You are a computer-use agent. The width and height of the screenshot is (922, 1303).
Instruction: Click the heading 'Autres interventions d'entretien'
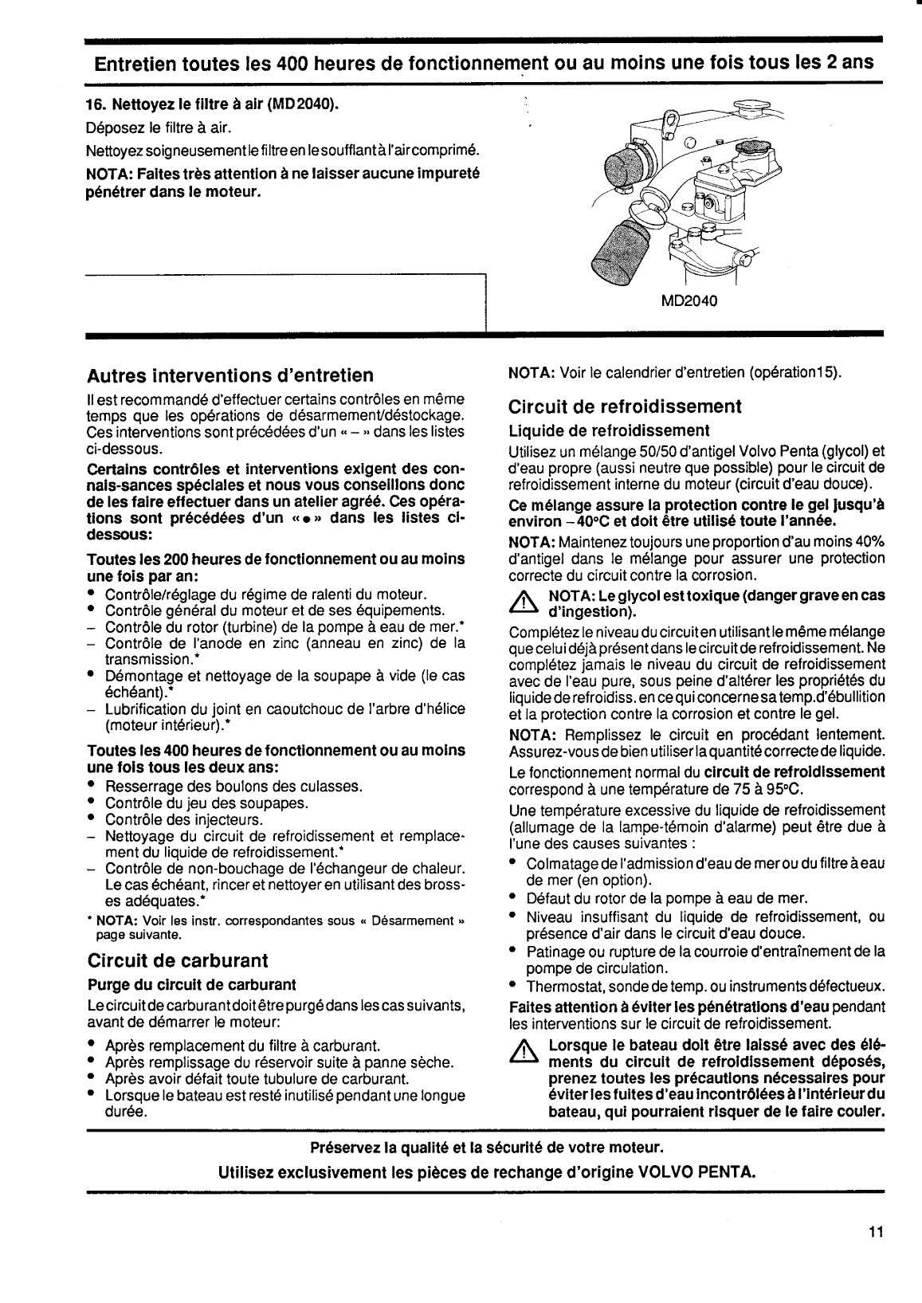[x=230, y=375]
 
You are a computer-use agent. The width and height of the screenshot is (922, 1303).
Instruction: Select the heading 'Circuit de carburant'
[x=178, y=960]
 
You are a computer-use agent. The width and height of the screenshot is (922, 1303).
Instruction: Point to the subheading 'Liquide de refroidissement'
[x=598, y=431]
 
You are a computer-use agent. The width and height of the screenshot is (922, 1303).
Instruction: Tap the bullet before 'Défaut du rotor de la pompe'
[x=514, y=897]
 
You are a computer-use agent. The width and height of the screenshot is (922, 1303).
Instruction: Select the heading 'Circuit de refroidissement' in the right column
[x=625, y=406]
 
